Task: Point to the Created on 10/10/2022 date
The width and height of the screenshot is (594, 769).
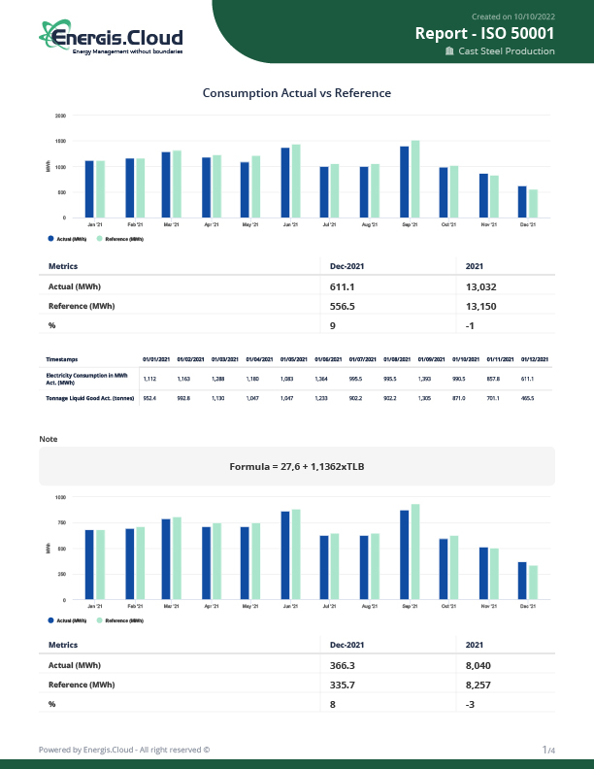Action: [x=512, y=17]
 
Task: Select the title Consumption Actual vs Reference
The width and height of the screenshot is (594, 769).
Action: [x=296, y=93]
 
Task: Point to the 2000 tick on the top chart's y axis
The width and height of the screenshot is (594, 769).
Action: [x=60, y=116]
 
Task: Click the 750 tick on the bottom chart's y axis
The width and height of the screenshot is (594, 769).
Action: [x=61, y=522]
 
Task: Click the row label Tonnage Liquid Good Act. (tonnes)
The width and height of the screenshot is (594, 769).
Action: [x=88, y=398]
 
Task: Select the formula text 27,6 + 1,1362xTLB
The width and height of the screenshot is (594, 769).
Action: [x=296, y=466]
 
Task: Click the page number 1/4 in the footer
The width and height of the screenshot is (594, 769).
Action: [x=548, y=750]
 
